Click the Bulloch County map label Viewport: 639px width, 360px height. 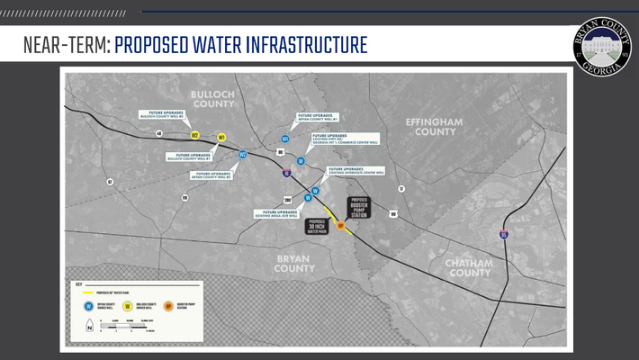(212, 99)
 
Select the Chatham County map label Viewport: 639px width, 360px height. (469, 267)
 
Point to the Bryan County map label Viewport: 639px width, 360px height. (293, 262)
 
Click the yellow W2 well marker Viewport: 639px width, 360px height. (194, 135)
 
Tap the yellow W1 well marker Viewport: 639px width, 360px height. (221, 138)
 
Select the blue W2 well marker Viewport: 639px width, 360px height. (242, 154)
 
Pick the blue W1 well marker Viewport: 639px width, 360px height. (285, 139)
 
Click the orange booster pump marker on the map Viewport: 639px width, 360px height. (340, 226)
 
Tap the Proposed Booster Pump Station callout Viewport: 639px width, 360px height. (359, 207)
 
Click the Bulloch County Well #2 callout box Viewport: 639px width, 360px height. (165, 115)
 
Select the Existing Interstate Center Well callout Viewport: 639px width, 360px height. (356, 170)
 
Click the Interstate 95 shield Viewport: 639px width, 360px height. (504, 235)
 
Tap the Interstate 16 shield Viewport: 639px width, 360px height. (286, 175)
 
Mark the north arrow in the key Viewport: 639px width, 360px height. (88, 328)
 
